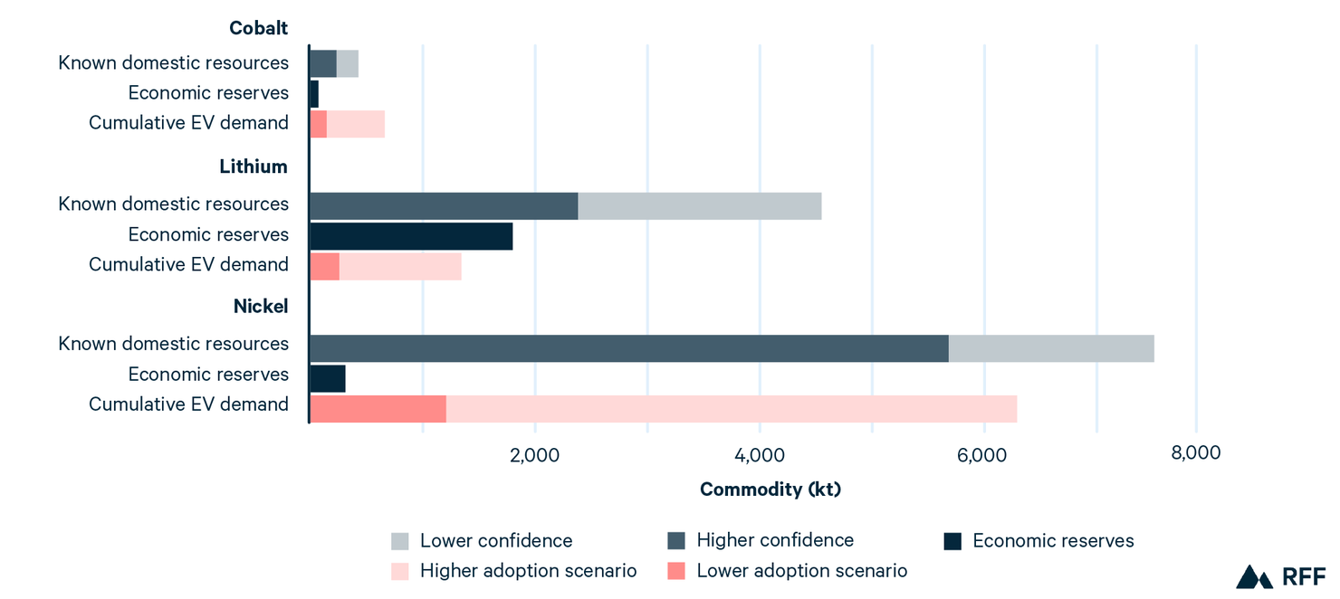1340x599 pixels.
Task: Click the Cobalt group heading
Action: point(258,28)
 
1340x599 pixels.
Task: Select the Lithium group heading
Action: point(254,166)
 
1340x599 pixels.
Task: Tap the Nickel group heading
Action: point(261,306)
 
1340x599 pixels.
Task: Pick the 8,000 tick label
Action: point(1195,452)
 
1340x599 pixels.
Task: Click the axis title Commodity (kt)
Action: point(770,490)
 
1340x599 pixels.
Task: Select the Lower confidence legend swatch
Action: point(400,541)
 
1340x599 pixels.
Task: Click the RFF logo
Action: point(1280,576)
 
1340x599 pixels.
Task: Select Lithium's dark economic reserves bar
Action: point(411,236)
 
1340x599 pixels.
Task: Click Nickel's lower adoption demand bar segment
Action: point(378,408)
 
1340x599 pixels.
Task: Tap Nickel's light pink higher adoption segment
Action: point(731,408)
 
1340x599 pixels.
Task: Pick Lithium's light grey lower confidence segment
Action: point(699,205)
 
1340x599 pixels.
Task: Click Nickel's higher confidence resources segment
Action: point(628,348)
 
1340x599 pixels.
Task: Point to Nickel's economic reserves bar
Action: point(327,378)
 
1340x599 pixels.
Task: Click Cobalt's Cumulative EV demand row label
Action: point(188,122)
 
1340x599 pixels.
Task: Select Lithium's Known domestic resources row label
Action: point(174,204)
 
